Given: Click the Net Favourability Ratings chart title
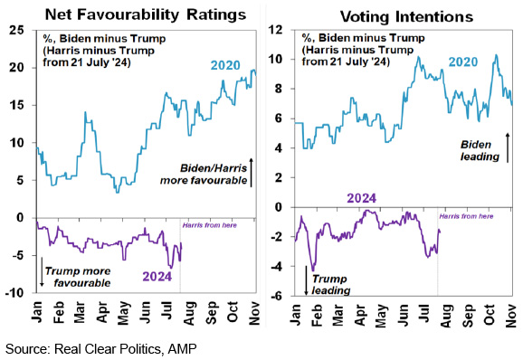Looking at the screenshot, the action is coord(146,15).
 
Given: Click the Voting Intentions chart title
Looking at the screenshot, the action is coord(406,16).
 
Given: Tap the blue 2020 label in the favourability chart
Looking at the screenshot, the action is coord(225,65).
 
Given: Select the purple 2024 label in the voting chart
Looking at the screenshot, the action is coord(362,198).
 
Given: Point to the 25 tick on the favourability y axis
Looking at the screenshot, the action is coord(16,31).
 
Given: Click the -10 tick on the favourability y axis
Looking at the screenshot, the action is coord(14,293).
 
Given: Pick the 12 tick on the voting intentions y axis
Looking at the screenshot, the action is coord(276,30).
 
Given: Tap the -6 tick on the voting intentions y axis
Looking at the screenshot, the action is coord(278,296).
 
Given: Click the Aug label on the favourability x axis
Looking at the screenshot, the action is coord(189,313).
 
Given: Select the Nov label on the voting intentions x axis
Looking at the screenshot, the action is coord(510,316).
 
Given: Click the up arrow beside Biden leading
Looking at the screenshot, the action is coord(508,147).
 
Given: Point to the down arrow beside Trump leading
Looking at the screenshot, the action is coord(306,280).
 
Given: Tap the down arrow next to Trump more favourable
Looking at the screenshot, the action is coord(42,271).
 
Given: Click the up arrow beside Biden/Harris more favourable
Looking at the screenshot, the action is coord(252,173).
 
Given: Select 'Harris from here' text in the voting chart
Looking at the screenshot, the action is coord(466,216).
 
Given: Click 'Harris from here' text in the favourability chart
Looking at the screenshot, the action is coord(209,225).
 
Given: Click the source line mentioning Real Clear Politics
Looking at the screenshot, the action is coord(101,349).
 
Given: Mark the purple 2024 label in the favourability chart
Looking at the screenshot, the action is coord(157,277).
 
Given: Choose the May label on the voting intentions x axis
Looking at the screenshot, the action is coord(380,315).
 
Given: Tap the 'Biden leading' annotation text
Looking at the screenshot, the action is coord(480,150).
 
